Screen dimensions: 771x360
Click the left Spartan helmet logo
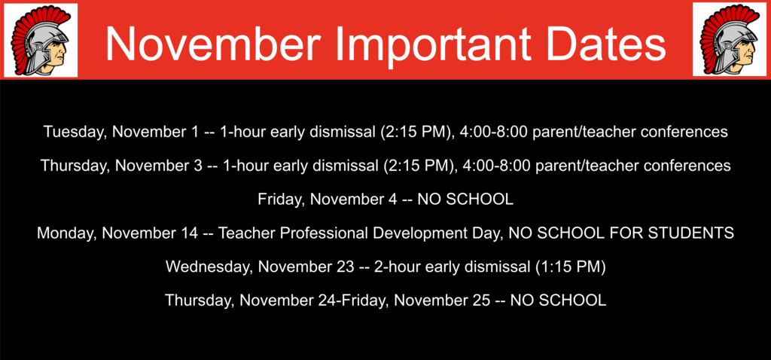click(x=41, y=40)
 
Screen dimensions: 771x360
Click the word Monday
click(x=65, y=232)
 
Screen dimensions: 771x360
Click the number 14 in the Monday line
click(x=187, y=232)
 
